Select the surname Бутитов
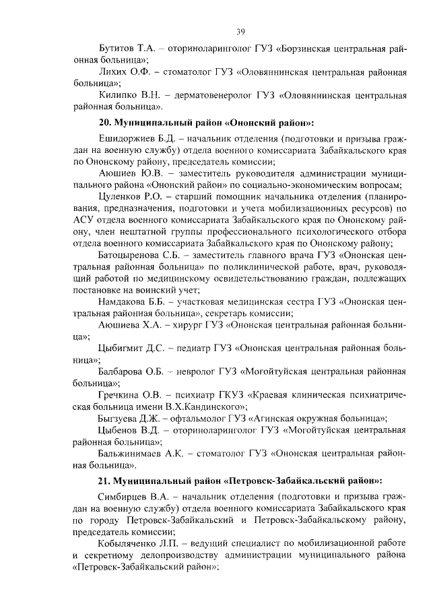coord(119,50)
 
